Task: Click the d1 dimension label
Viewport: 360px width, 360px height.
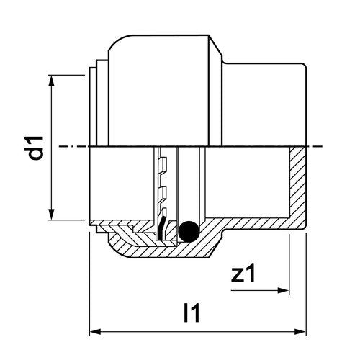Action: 36,148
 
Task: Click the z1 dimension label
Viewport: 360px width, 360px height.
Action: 243,273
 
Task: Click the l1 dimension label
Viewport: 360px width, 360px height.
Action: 192,312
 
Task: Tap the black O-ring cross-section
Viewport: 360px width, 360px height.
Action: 189,231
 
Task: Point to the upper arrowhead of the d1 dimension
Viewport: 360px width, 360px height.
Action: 51,81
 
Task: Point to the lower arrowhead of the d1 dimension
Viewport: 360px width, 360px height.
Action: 51,214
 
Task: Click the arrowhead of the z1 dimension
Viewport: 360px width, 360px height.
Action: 283,290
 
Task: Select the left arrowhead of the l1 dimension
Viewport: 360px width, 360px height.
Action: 95,332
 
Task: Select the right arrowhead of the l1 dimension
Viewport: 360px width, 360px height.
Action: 300,332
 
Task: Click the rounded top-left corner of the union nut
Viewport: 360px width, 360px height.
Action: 117,41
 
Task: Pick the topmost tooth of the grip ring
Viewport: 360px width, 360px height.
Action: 164,162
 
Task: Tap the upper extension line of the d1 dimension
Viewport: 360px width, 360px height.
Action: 66,75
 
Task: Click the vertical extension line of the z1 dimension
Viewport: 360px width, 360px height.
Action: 289,264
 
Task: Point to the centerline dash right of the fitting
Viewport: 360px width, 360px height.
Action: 315,146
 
